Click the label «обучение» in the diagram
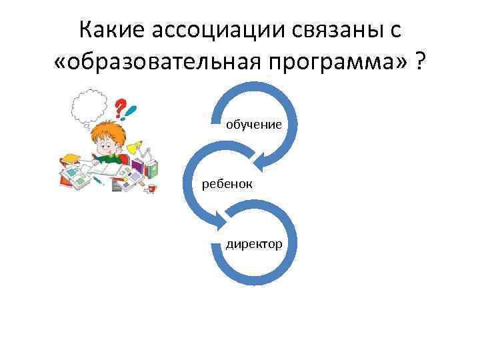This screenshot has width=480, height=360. [253, 124]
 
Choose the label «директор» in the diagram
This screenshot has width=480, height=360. [253, 244]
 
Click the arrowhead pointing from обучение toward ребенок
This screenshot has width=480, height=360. [265, 159]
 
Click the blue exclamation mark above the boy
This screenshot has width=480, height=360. [133, 109]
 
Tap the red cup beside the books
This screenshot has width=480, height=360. [151, 189]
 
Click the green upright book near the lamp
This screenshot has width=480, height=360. [152, 169]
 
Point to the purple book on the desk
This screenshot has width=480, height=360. [137, 167]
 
